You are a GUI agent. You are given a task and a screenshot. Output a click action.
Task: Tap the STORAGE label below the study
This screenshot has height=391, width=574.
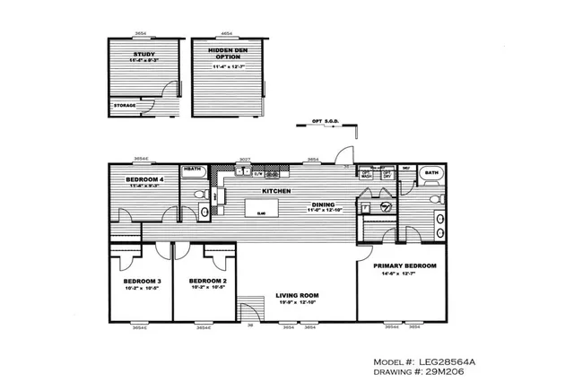pos(125,105)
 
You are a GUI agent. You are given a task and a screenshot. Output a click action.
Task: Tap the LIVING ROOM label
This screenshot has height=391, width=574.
pos(297,295)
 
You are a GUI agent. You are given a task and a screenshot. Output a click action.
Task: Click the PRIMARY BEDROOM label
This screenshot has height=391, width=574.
pos(404,265)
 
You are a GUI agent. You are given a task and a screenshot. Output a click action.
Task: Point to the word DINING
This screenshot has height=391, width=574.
pos(323,204)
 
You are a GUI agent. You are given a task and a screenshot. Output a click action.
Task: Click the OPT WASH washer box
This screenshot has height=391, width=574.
pos(366,174)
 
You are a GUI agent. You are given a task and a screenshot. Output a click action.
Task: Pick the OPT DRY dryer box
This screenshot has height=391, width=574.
pos(387,174)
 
